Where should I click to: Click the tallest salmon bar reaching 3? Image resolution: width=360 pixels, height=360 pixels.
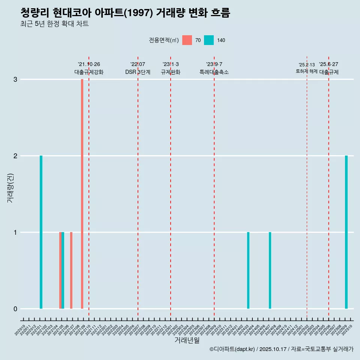point(82,194)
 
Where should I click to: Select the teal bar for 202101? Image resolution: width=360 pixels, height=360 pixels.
point(41,232)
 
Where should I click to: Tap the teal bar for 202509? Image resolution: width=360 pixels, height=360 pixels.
point(346,232)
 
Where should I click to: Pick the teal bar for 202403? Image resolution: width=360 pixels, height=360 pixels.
point(248,270)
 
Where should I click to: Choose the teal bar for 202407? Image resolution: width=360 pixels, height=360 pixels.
point(270,270)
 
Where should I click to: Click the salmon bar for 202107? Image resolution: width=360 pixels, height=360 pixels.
point(71,270)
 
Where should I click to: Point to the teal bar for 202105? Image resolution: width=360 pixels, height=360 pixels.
point(63,270)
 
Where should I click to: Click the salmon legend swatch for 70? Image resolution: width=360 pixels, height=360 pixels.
point(187,40)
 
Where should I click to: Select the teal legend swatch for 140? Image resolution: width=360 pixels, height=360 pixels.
point(209,40)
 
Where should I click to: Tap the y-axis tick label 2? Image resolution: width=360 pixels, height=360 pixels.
point(15,156)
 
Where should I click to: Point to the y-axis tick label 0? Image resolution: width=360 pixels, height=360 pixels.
point(15,309)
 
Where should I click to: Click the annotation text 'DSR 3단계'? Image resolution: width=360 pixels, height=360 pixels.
point(138,72)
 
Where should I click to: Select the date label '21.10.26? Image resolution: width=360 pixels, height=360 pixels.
point(89,64)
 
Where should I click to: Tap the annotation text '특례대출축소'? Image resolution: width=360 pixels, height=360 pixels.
point(214,72)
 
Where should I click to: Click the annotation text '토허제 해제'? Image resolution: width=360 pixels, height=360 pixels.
point(306,71)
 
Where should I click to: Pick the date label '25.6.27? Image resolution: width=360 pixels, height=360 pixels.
point(328,64)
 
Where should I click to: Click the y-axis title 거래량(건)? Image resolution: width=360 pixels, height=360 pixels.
point(10,187)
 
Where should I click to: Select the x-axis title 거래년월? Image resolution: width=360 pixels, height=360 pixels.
point(187,340)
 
